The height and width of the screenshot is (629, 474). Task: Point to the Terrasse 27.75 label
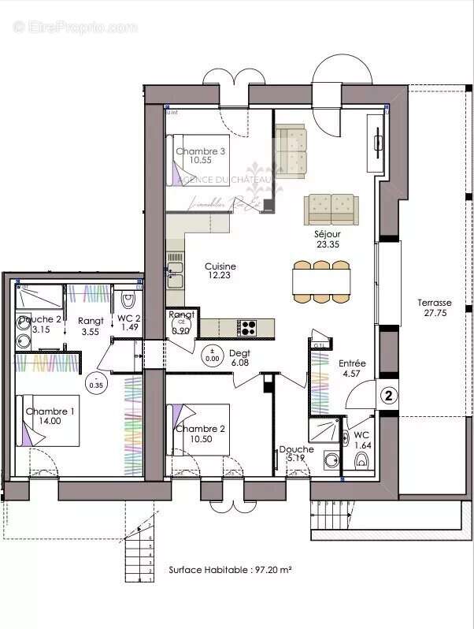coord(434,307)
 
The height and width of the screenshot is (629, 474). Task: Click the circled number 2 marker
coord(388,396)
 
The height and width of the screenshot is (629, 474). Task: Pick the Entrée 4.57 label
coord(352,368)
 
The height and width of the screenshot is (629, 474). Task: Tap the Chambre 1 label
coord(50,416)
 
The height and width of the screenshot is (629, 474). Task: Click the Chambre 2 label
coord(201,434)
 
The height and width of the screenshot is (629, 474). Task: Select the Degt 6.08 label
coord(239,358)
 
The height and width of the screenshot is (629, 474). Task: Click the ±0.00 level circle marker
coord(212,354)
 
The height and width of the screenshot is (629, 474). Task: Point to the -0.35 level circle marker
coord(98,382)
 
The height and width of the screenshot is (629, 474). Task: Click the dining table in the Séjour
coord(321,281)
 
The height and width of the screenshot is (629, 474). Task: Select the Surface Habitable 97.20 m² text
coord(230,568)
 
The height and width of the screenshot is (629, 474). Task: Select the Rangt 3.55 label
coord(91,326)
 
